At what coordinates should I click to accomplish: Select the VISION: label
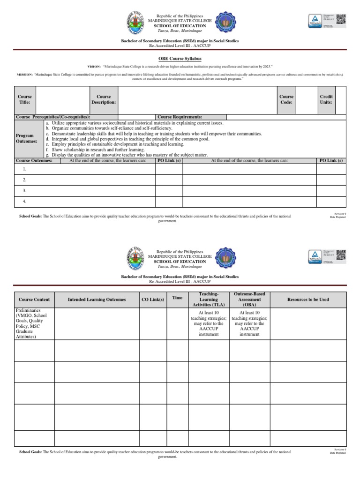pyautogui.click(x=95, y=67)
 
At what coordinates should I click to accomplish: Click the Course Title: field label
pyautogui.click(x=24, y=99)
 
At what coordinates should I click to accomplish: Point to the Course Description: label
pyautogui.click(x=104, y=99)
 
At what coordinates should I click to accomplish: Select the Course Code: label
pyautogui.click(x=286, y=99)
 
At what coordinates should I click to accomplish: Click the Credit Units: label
pyautogui.click(x=326, y=99)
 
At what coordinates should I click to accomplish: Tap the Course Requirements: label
pyautogui.click(x=180, y=117)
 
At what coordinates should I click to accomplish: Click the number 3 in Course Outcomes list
pyautogui.click(x=24, y=191)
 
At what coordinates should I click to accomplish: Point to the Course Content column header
pyautogui.click(x=34, y=300)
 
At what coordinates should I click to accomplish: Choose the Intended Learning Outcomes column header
pyautogui.click(x=97, y=300)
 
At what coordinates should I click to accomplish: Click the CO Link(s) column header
pyautogui.click(x=153, y=300)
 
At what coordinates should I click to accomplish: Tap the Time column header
pyautogui.click(x=177, y=298)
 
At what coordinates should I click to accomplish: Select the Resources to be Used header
pyautogui.click(x=308, y=300)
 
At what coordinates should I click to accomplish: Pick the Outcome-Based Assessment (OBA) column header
pyautogui.click(x=249, y=299)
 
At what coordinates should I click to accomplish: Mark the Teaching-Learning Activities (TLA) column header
pyautogui.click(x=209, y=299)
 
